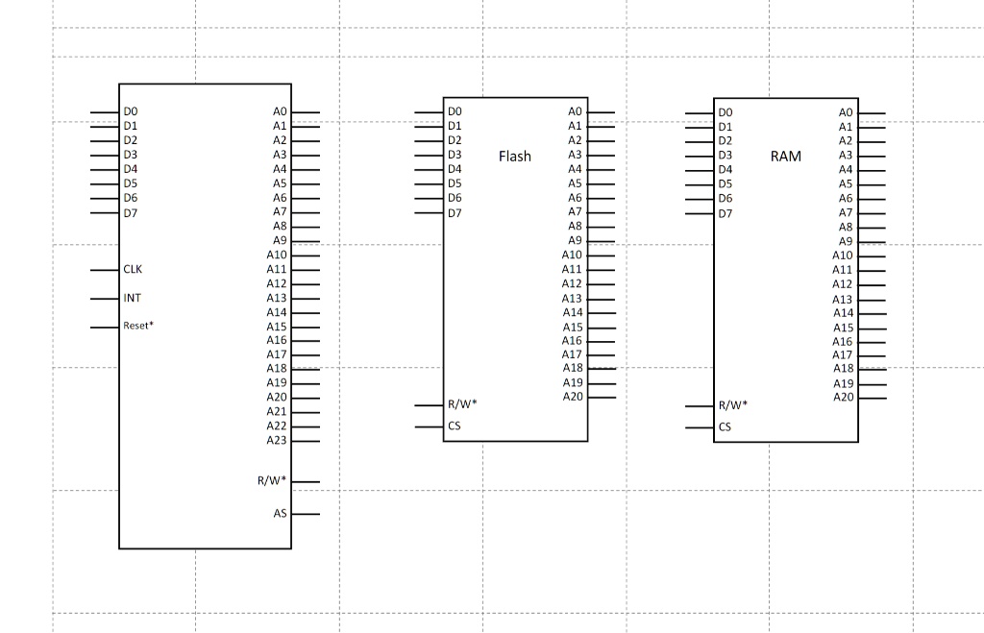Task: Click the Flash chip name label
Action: pyautogui.click(x=514, y=156)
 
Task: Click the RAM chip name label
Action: pyautogui.click(x=785, y=156)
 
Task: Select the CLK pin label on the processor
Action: pyautogui.click(x=133, y=270)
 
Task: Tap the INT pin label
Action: pyautogui.click(x=132, y=298)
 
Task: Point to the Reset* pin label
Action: pyautogui.click(x=137, y=326)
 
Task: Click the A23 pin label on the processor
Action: pyautogui.click(x=277, y=440)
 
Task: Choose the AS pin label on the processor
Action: pyautogui.click(x=280, y=514)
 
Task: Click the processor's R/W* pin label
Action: pyautogui.click(x=272, y=480)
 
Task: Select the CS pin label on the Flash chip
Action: pyautogui.click(x=455, y=426)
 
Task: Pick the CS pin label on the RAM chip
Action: pyautogui.click(x=725, y=426)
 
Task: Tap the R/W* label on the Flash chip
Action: pyautogui.click(x=462, y=404)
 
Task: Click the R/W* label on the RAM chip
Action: pyautogui.click(x=733, y=405)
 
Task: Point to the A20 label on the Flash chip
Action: pyautogui.click(x=573, y=397)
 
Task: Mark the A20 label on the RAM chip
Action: pyautogui.click(x=843, y=397)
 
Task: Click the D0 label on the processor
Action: pyautogui.click(x=130, y=112)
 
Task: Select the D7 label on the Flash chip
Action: pyautogui.click(x=455, y=212)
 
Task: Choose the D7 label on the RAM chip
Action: pyautogui.click(x=725, y=213)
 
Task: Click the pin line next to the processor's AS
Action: pyautogui.click(x=306, y=514)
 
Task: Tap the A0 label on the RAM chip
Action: pyautogui.click(x=846, y=112)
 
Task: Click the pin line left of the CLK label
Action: pyautogui.click(x=105, y=271)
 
